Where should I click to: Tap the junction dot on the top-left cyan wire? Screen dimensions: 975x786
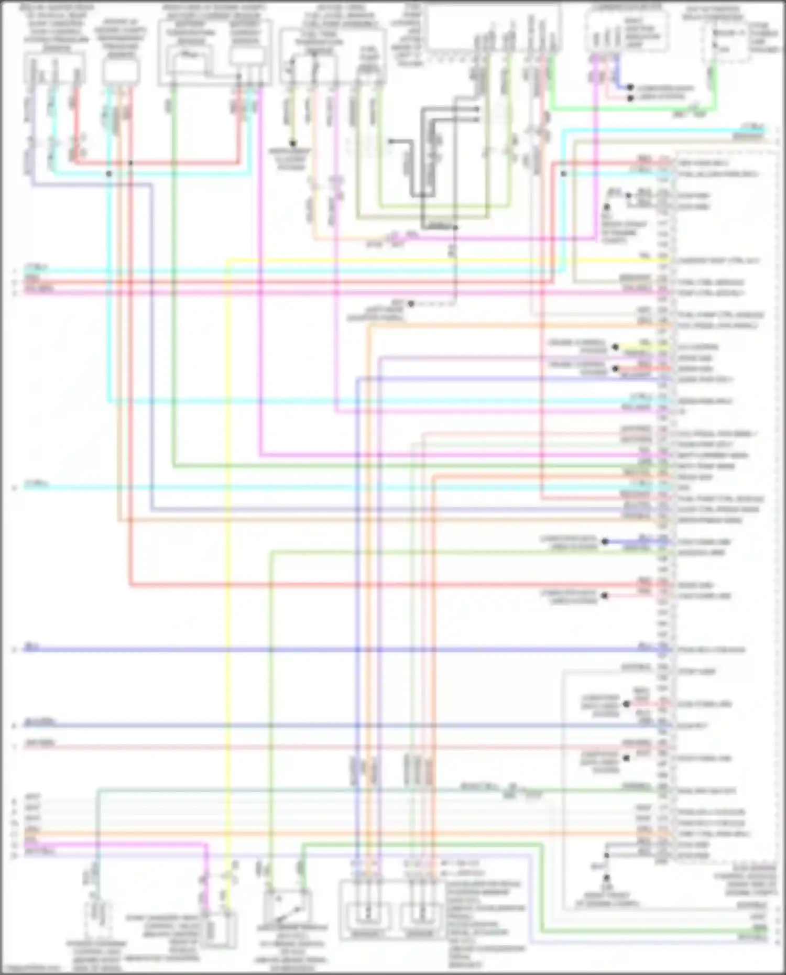click(x=109, y=173)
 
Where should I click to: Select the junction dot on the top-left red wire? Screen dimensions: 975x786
click(x=130, y=163)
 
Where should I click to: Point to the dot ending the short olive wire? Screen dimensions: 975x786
click(x=293, y=143)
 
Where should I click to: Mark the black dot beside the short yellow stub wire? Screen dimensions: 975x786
click(x=616, y=347)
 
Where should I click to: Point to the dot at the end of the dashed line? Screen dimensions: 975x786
click(x=411, y=304)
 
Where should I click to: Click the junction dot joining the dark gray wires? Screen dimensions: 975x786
click(x=455, y=228)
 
